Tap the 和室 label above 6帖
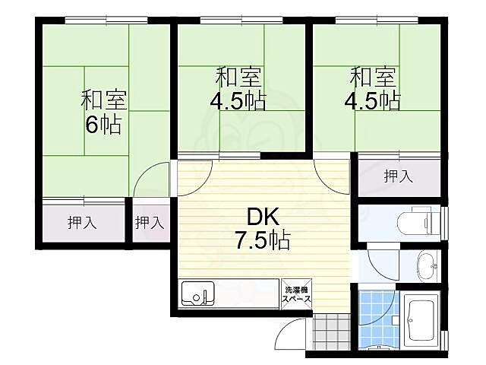[x=104, y=100]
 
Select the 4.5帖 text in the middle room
[x=238, y=101]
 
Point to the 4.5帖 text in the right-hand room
[x=374, y=101]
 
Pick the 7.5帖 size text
[x=261, y=242]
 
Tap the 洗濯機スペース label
[x=296, y=295]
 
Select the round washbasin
[x=428, y=265]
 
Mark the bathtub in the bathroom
[x=419, y=321]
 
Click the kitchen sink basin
[x=198, y=294]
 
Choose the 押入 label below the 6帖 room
[x=80, y=224]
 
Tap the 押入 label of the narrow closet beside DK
[x=150, y=224]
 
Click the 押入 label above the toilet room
[x=398, y=177]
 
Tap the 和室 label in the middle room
[x=238, y=76]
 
